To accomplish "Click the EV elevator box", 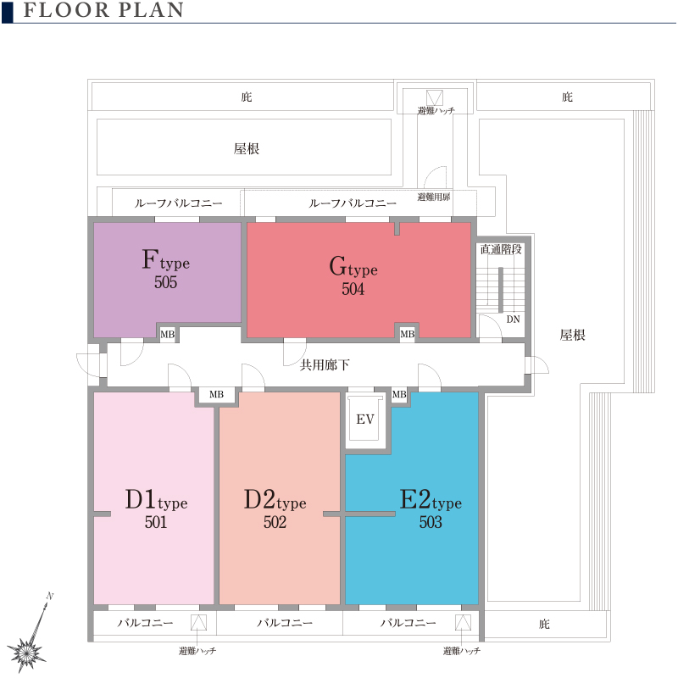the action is tap(365, 419).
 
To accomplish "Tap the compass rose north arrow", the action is tap(28, 635).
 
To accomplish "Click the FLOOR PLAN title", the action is tap(103, 10).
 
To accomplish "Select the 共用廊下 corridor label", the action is tap(325, 365).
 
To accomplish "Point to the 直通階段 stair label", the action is tap(501, 249).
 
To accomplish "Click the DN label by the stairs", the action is tap(514, 320).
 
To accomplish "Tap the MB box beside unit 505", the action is tap(168, 334).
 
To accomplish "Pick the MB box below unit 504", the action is tap(408, 334).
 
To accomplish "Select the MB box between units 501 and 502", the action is tap(217, 394).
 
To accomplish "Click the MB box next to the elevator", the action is tap(399, 394).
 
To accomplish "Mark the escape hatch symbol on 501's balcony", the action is tap(198, 623).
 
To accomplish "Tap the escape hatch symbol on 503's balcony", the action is tap(463, 623).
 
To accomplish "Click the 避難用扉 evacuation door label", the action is tap(434, 197).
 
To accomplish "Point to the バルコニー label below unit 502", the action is tap(285, 623).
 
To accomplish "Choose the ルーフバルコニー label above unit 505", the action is tap(178, 203).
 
